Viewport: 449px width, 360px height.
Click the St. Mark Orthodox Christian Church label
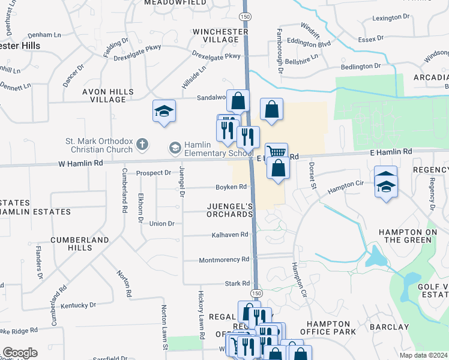[x=99, y=146]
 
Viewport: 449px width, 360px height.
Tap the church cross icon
[x=142, y=144]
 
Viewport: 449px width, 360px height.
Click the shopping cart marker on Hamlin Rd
[x=276, y=152]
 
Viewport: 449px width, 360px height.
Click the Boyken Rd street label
[x=231, y=187]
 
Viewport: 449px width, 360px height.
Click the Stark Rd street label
[x=237, y=283]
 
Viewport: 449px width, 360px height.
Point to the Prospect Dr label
[x=154, y=173]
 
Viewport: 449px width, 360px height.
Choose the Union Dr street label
[x=161, y=223]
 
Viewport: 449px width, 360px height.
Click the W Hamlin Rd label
[x=81, y=163]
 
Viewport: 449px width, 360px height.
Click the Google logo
[x=20, y=353]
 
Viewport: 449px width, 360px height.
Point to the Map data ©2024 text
[x=423, y=355]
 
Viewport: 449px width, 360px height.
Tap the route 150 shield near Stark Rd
[x=256, y=293]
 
